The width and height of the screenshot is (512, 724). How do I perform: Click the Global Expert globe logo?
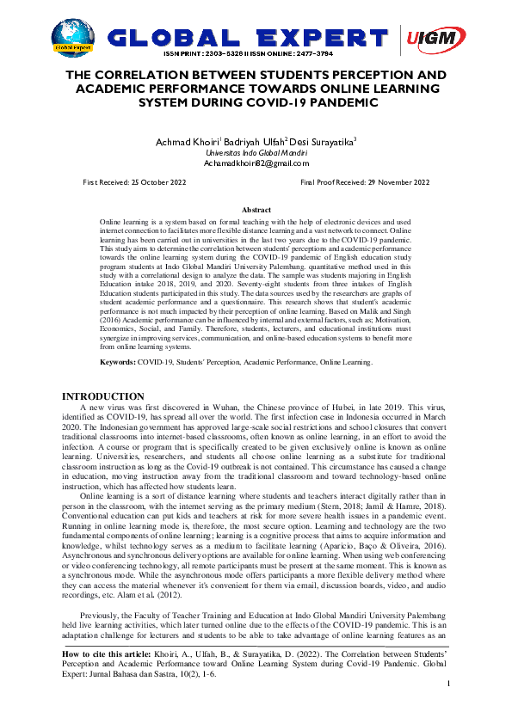click(x=73, y=36)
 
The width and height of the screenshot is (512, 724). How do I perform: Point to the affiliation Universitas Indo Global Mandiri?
click(x=256, y=151)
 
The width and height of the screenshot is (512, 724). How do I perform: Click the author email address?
click(x=256, y=163)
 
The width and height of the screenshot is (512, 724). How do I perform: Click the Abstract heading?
click(x=256, y=210)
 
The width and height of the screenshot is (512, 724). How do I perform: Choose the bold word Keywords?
click(x=118, y=363)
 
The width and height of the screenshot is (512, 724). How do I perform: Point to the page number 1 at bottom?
click(x=449, y=708)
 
